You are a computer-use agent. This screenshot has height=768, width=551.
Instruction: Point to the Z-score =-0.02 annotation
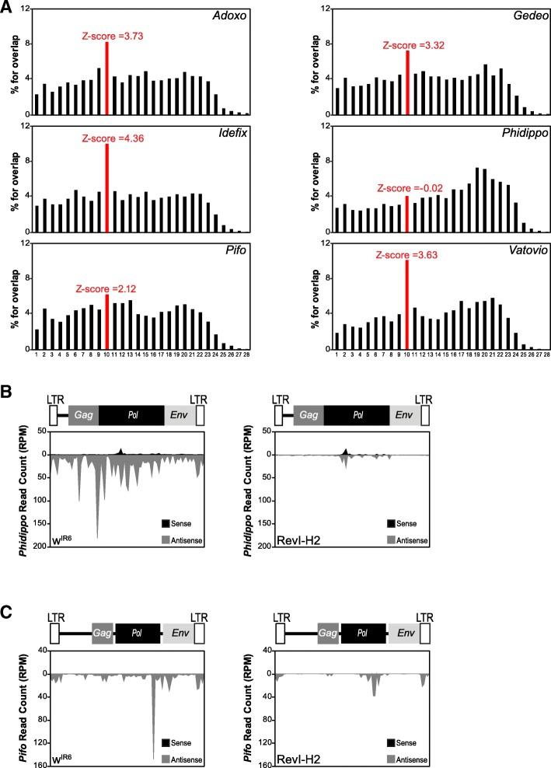[x=407, y=188]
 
